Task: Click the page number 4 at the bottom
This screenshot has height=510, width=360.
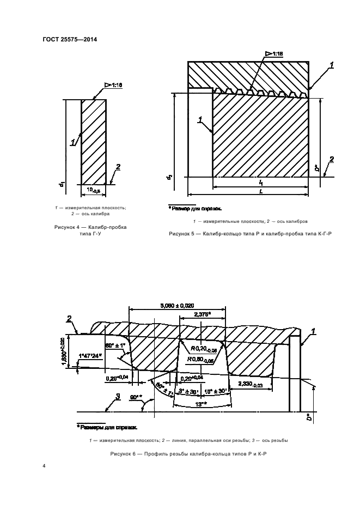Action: pos(44,466)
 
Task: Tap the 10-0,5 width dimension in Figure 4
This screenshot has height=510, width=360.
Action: pos(94,190)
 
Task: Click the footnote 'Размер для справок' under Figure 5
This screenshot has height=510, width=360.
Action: pos(194,208)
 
